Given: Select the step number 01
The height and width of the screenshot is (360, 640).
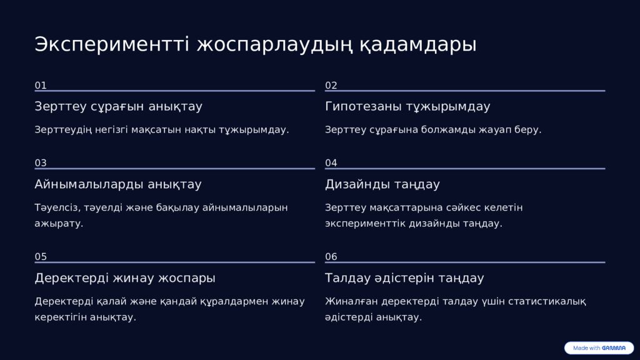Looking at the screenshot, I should tap(41, 86).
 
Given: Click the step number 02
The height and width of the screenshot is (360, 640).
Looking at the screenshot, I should tap(331, 86).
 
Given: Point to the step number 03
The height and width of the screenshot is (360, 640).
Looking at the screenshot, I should tap(41, 163).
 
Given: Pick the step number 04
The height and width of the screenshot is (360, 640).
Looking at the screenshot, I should tap(331, 163).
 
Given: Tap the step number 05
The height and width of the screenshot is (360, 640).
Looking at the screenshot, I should tap(41, 257).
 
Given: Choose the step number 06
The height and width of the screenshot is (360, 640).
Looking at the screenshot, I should tap(331, 257).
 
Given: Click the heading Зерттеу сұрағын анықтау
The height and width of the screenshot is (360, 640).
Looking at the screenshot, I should tap(118, 106).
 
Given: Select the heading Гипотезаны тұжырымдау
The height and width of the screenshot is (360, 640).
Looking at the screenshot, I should tap(407, 106).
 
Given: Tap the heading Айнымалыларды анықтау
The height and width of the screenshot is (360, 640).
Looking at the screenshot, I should tap(117, 184).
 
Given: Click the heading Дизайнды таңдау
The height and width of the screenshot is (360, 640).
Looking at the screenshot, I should tap(382, 184).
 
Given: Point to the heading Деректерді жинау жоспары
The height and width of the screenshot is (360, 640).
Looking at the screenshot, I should tap(125, 278).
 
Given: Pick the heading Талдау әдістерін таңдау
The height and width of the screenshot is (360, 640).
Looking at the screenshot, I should tap(404, 278).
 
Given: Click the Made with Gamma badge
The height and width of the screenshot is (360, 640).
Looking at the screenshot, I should tap(599, 348).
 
